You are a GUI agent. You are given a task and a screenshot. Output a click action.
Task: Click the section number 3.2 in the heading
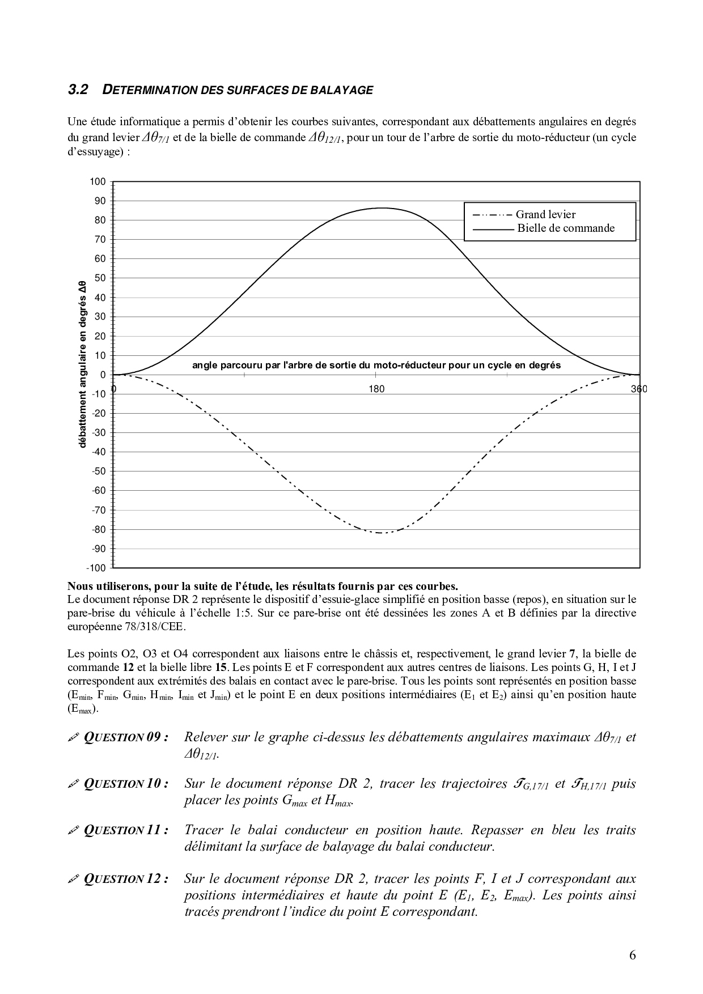click(x=78, y=90)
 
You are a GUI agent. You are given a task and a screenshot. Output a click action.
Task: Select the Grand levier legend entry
click(x=545, y=215)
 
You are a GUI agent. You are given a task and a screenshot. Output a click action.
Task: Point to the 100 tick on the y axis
click(x=98, y=182)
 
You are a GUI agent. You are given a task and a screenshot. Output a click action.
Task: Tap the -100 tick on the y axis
click(x=96, y=568)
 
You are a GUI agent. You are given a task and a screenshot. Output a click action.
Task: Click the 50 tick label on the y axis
click(x=100, y=278)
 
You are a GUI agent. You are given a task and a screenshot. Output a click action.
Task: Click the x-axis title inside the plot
click(x=376, y=366)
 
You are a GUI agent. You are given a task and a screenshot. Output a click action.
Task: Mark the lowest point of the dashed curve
click(x=383, y=533)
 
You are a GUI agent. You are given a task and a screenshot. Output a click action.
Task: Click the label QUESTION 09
click(x=126, y=737)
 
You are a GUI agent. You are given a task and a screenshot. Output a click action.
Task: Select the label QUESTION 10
click(x=126, y=784)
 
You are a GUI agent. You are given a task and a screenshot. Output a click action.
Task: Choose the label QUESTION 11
click(x=126, y=830)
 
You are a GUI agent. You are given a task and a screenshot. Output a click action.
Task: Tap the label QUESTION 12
click(x=126, y=879)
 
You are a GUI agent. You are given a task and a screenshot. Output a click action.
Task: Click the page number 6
click(x=632, y=955)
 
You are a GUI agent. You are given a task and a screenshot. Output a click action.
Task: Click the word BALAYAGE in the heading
click(x=345, y=90)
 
